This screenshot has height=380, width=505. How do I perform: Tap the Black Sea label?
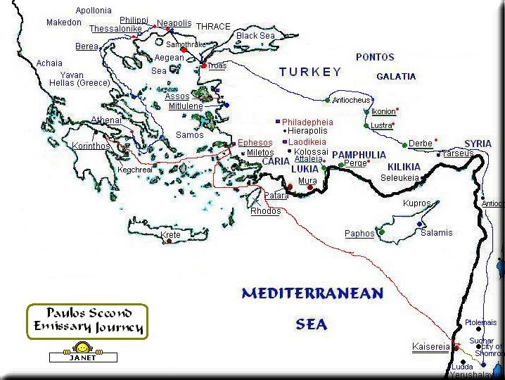tap(256, 36)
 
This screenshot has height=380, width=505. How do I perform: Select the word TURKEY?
tap(310, 72)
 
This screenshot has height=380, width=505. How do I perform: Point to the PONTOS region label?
tap(375, 57)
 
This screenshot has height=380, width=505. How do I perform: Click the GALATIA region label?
tap(396, 76)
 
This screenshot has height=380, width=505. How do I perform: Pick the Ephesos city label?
tap(255, 143)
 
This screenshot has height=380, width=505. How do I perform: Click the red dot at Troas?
tap(204, 65)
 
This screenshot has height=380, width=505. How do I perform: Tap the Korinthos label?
tap(91, 146)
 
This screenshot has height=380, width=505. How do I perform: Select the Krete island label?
tap(171, 234)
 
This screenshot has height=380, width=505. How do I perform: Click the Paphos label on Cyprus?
tap(359, 234)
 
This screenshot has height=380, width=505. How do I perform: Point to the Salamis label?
tap(436, 233)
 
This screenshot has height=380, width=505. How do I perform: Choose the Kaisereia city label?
tap(430, 347)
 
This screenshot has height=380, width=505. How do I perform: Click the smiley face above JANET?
tap(82, 348)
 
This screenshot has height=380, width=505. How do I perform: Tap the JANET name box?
tap(82, 357)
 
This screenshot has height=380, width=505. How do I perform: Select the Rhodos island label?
tap(265, 211)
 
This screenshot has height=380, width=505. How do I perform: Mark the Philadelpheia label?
tap(307, 122)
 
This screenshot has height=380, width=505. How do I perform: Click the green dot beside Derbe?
tap(405, 145)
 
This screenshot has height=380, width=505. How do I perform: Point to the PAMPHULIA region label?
tap(359, 155)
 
